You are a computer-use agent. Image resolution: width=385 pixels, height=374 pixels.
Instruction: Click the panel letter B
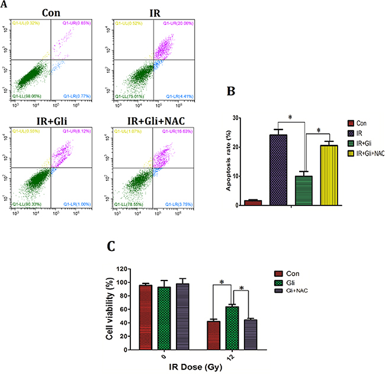(x=233, y=93)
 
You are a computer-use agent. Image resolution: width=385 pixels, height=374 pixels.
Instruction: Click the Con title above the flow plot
(x=48, y=12)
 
